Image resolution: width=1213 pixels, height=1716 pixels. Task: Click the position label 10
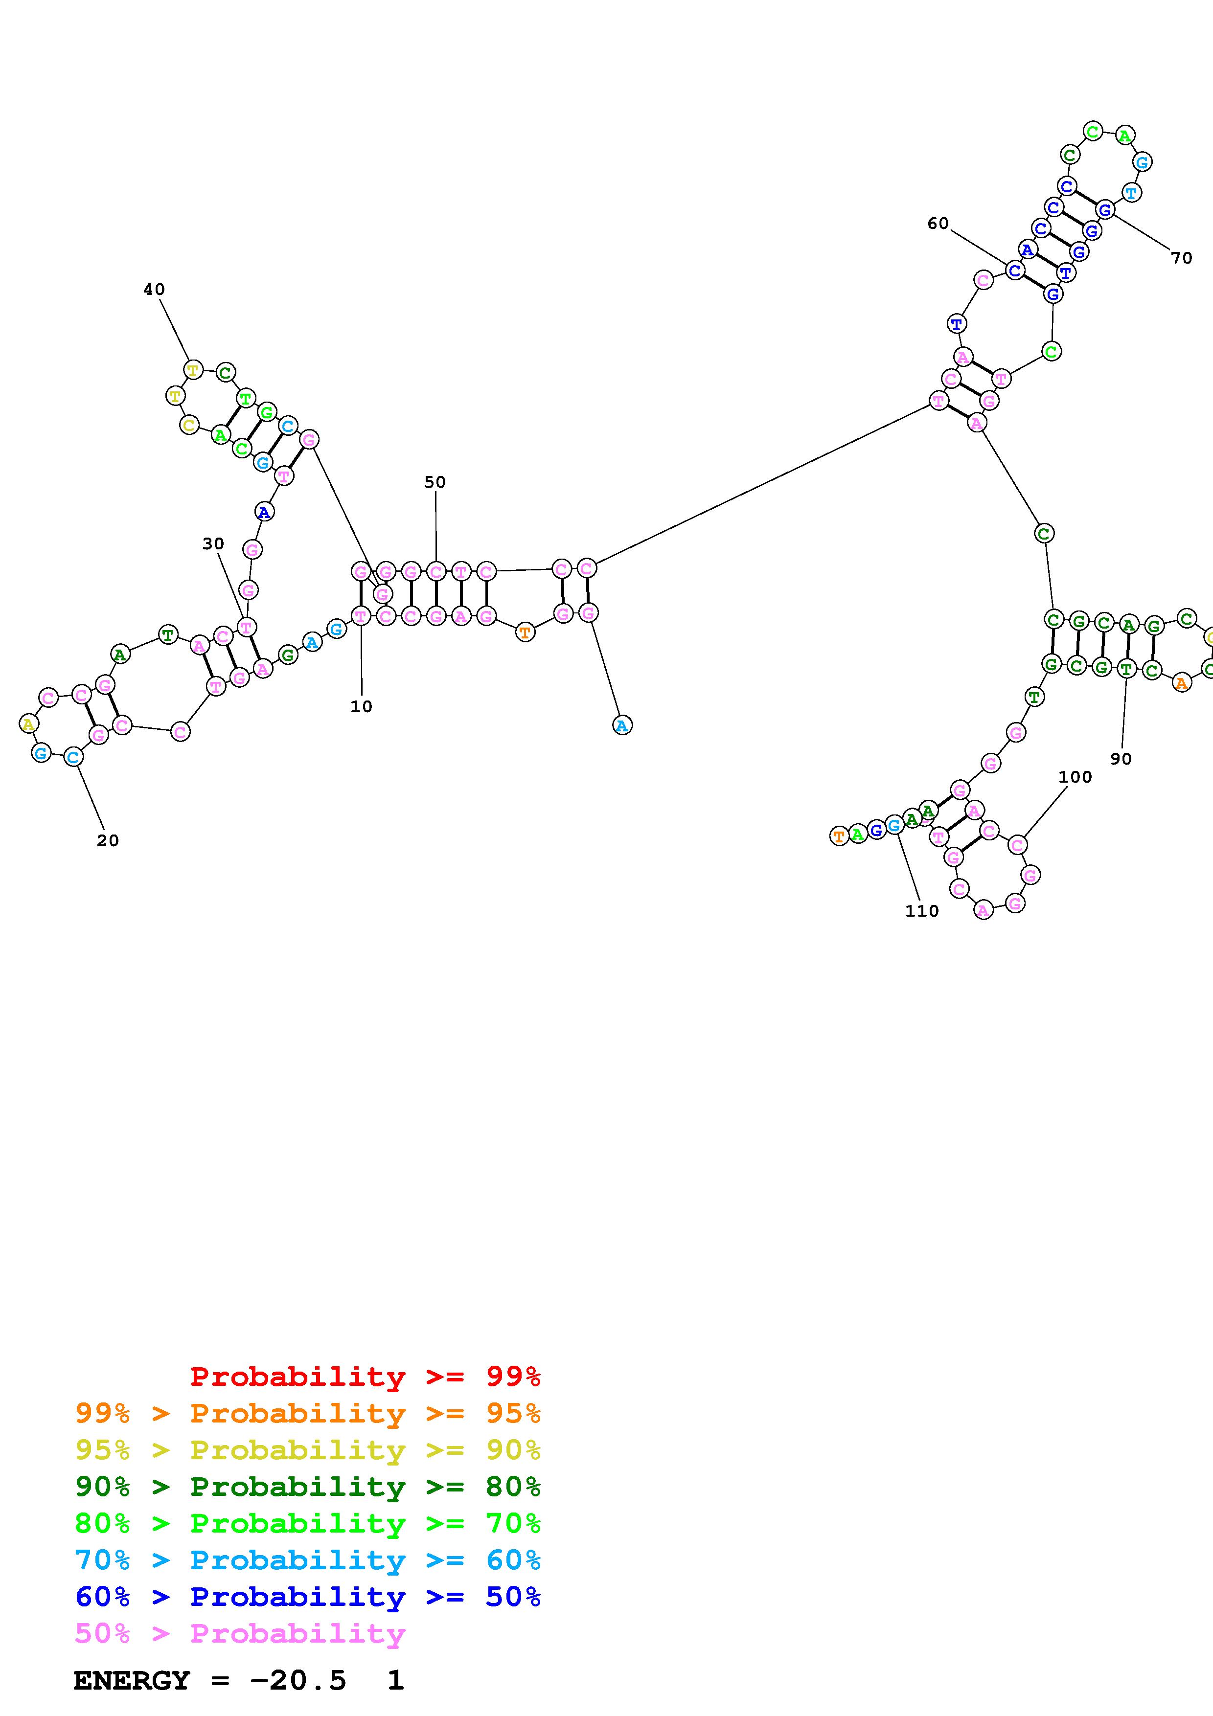tap(361, 706)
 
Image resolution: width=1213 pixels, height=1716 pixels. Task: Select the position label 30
tap(213, 544)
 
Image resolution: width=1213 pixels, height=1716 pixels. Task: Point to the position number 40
tap(154, 289)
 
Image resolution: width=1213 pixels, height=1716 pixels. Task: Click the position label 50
tap(435, 482)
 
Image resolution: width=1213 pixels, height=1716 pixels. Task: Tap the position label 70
tap(1181, 258)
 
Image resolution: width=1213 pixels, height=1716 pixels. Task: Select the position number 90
tap(1121, 759)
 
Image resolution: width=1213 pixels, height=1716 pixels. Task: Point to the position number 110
tap(921, 911)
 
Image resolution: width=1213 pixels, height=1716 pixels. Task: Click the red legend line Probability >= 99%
tap(365, 1376)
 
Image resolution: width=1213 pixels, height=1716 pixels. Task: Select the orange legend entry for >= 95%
tap(308, 1413)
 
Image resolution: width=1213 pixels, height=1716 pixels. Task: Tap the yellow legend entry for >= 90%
tap(308, 1450)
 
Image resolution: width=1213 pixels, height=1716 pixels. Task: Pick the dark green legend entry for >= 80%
tap(308, 1487)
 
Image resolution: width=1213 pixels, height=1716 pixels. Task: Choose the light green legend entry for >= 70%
tap(308, 1523)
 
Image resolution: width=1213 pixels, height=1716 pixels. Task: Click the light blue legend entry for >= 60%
tap(308, 1560)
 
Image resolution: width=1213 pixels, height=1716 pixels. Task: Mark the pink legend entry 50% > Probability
tap(239, 1633)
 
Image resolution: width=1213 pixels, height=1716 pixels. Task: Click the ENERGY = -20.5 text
tap(209, 1680)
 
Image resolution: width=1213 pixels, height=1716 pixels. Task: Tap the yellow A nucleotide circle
tap(28, 723)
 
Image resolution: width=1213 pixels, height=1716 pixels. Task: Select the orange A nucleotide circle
tap(1181, 682)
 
